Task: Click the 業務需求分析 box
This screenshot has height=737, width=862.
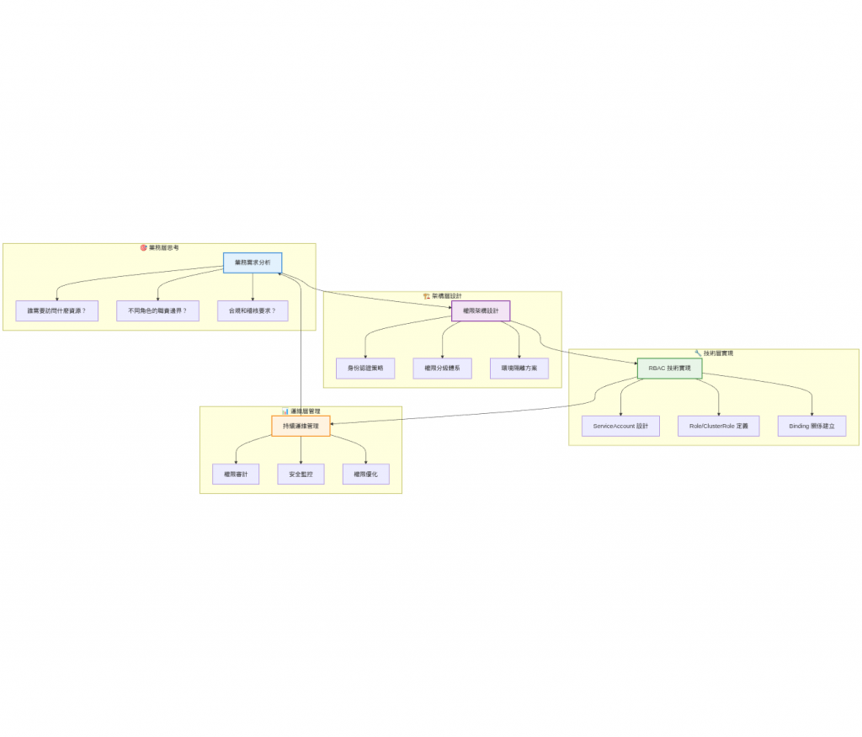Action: pos(253,263)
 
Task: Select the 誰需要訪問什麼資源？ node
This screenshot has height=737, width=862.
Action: pos(56,310)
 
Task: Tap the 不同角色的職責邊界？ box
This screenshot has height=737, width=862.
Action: pos(157,310)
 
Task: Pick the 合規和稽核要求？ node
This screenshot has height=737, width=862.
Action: pos(253,310)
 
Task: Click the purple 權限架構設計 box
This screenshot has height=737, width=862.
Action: pos(481,310)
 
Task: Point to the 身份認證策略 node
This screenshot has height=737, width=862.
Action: pos(365,368)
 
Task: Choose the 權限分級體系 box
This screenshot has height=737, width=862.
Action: pos(443,368)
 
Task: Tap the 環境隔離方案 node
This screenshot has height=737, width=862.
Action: pos(519,368)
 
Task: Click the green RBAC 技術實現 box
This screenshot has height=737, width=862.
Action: pos(669,368)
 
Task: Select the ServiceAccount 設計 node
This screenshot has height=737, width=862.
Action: pos(620,426)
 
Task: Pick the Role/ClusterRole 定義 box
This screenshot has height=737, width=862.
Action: pos(719,426)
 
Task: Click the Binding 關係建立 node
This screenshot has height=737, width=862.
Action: pos(812,426)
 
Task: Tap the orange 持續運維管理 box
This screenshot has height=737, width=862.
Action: pos(301,426)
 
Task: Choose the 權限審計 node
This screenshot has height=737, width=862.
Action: pos(236,475)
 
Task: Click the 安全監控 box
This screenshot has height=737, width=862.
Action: pos(301,475)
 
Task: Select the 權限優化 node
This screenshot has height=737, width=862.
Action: pos(366,475)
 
